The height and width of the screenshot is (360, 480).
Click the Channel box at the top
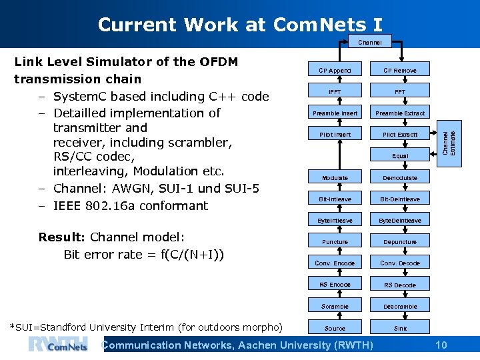coord(370,42)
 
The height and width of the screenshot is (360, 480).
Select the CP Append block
coord(335,70)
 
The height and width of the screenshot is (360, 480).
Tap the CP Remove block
coord(400,70)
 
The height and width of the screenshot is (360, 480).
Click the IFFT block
coord(335,91)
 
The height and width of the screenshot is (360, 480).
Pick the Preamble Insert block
coord(335,113)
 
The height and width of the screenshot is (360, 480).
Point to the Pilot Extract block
coord(400,134)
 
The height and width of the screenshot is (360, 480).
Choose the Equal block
coord(400,156)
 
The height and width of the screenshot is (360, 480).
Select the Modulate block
coord(335,177)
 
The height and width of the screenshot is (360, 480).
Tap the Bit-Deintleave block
coord(400,199)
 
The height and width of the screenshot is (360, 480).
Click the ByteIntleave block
coord(335,220)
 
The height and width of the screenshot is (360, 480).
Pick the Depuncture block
coord(400,241)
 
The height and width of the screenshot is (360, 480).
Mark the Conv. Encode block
coord(335,263)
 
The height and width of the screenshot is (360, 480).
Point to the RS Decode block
coord(400,285)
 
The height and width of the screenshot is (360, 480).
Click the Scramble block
coord(335,306)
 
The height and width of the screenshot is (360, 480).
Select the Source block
coord(335,328)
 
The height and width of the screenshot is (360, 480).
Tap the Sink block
coord(400,328)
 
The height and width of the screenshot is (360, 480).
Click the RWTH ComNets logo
coord(58,345)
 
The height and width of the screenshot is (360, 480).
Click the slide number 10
coord(441,345)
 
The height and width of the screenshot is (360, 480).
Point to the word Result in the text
coord(60,237)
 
